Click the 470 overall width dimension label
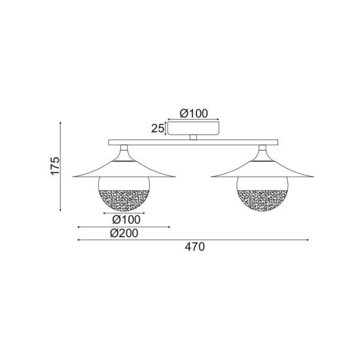195,247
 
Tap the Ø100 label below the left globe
124,219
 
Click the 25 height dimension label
157,128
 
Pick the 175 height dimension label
55,166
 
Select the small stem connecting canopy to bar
192,137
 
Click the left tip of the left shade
74,175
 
